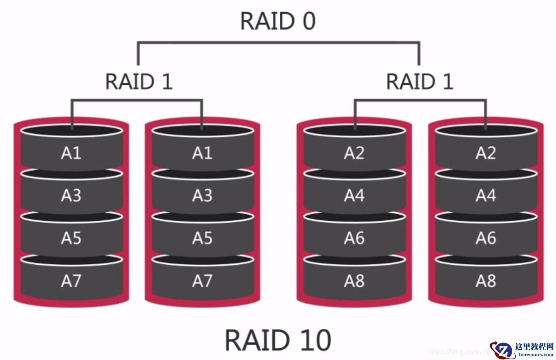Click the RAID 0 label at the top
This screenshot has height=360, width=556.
click(278, 21)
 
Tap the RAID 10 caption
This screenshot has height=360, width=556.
click(278, 340)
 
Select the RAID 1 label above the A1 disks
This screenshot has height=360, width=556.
click(139, 82)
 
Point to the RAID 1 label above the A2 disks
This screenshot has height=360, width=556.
click(419, 82)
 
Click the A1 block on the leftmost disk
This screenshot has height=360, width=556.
click(71, 153)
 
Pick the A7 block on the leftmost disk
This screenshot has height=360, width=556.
click(71, 281)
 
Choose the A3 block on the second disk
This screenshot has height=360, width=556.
click(202, 196)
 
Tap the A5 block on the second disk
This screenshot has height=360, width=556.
click(202, 238)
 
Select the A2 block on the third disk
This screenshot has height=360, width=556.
click(354, 153)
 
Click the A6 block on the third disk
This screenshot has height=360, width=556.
click(354, 238)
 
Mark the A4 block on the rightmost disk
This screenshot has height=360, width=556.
click(486, 196)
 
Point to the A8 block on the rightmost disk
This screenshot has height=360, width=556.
click(486, 281)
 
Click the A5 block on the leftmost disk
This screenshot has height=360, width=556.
click(71, 238)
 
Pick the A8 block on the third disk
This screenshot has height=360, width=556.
click(354, 281)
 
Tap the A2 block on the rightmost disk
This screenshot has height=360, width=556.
click(486, 153)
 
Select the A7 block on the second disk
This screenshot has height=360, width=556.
click(202, 281)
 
